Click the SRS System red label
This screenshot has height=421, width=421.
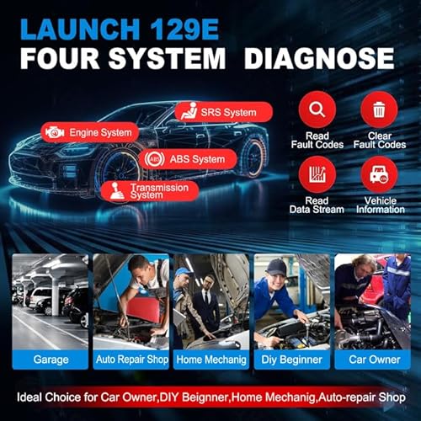[x=224, y=112]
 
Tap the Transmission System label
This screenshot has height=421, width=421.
[x=149, y=190]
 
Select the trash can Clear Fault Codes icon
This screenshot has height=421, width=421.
[x=379, y=109]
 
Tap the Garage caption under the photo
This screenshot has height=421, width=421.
[x=51, y=359]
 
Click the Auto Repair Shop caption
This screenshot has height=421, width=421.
[x=130, y=359]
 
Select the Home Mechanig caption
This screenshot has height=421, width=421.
[x=210, y=359]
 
